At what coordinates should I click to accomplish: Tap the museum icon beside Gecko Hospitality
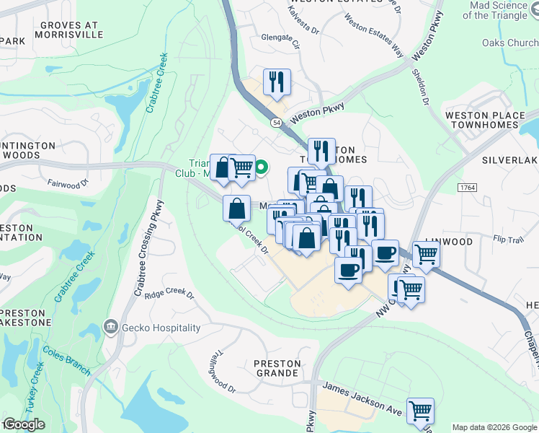click(110, 328)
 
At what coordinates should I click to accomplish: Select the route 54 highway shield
click(277, 123)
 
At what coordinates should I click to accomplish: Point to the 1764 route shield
click(467, 188)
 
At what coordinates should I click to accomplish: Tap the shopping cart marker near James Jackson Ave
click(420, 411)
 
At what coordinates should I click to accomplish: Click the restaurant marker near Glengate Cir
click(277, 82)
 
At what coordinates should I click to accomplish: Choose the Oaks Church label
click(512, 43)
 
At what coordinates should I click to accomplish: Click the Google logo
click(24, 424)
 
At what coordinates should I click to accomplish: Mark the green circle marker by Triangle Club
click(263, 169)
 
